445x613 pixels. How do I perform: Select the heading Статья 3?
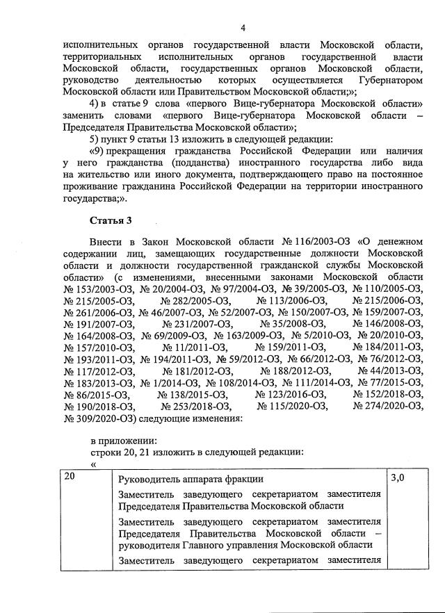(111, 221)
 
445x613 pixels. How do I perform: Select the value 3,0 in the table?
(398, 477)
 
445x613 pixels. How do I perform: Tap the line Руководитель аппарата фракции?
(191, 479)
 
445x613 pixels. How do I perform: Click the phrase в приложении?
(123, 441)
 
